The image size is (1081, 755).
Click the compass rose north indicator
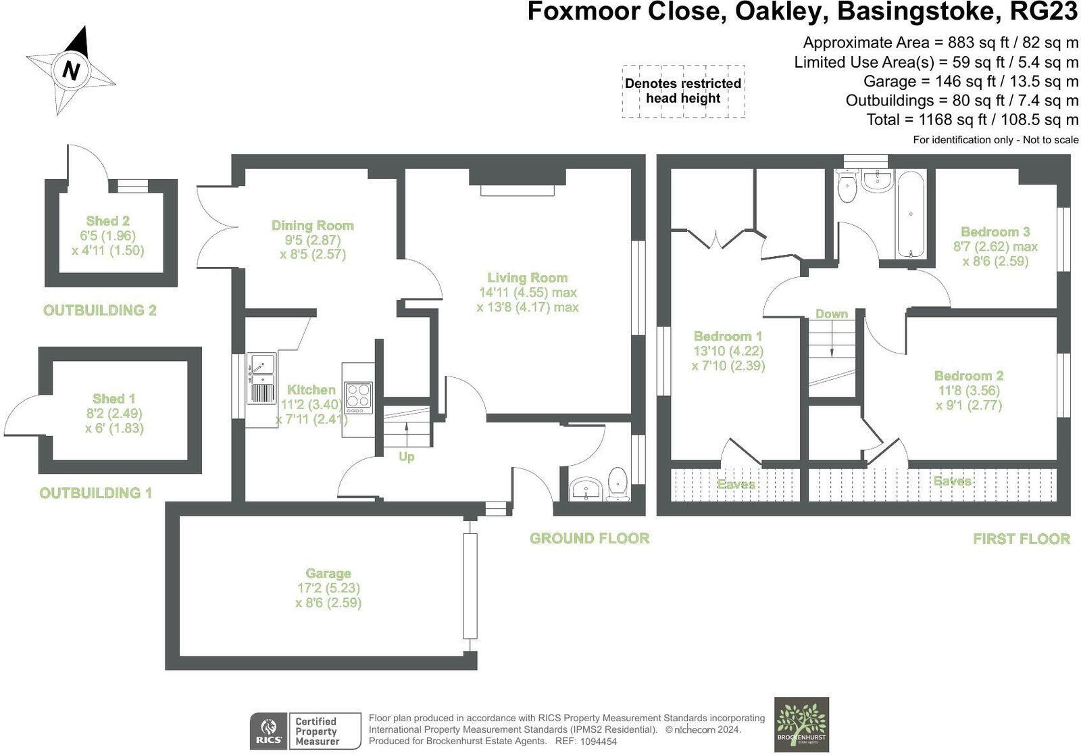(71, 70)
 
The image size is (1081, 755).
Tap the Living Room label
(527, 278)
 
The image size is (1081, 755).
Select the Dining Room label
(312, 226)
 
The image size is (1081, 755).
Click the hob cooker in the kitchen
(358, 397)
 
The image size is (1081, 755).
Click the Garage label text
(328, 574)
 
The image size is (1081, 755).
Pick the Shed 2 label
(107, 221)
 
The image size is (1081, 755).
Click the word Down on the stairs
(831, 314)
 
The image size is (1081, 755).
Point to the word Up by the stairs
(406, 457)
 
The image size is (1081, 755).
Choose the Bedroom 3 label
(995, 232)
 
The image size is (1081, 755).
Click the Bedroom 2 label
(968, 376)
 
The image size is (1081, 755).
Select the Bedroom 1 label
(728, 337)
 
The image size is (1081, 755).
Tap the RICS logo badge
(268, 731)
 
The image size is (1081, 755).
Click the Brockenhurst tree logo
(801, 723)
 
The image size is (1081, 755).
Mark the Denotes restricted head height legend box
(683, 91)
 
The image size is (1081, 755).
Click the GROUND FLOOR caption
(589, 539)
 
